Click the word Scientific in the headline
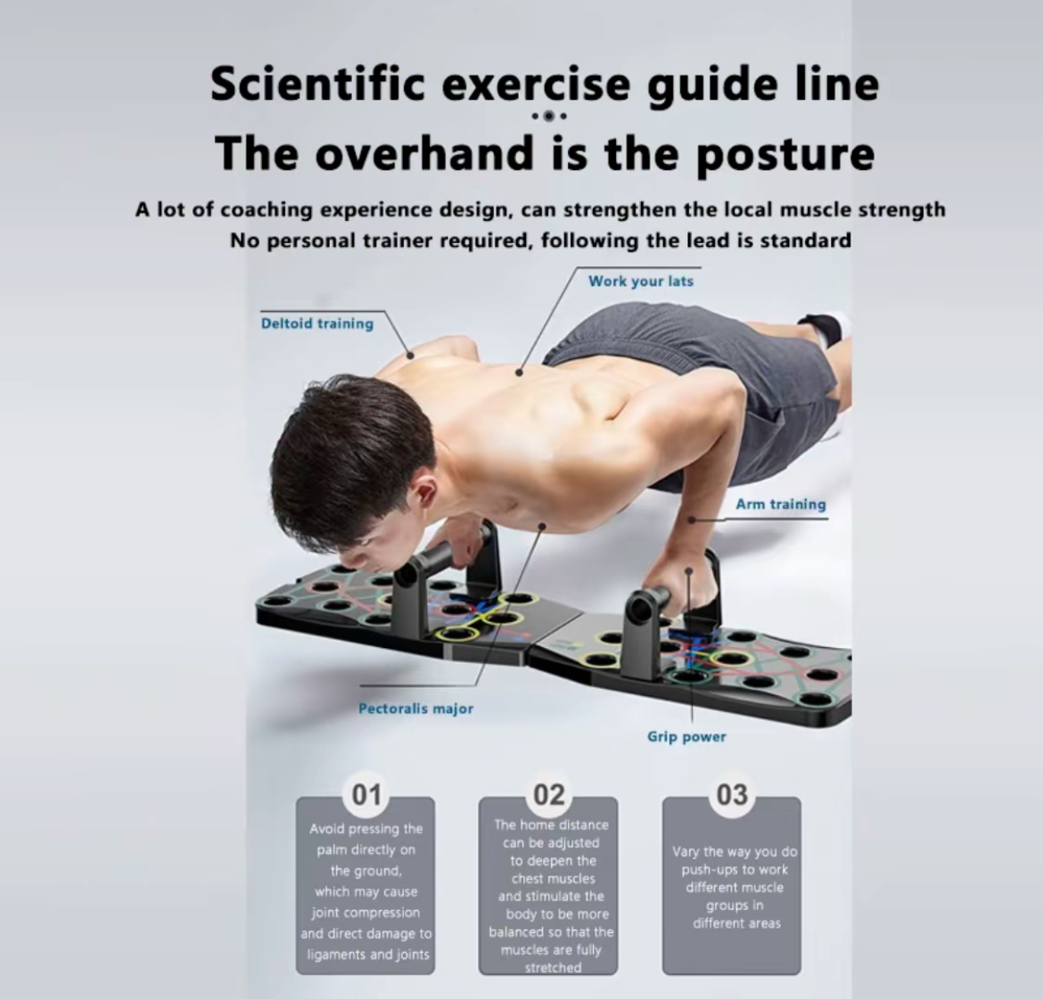point(318,84)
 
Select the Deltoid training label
point(317,323)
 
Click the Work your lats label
point(641,282)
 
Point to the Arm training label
point(781,504)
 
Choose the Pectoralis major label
point(415,709)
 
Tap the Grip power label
point(686,737)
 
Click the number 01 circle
point(365,795)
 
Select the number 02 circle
point(549,795)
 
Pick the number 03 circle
point(732,795)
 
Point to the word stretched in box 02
point(552,968)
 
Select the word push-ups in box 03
point(710,870)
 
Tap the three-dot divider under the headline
point(549,117)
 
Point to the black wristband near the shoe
point(817,331)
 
